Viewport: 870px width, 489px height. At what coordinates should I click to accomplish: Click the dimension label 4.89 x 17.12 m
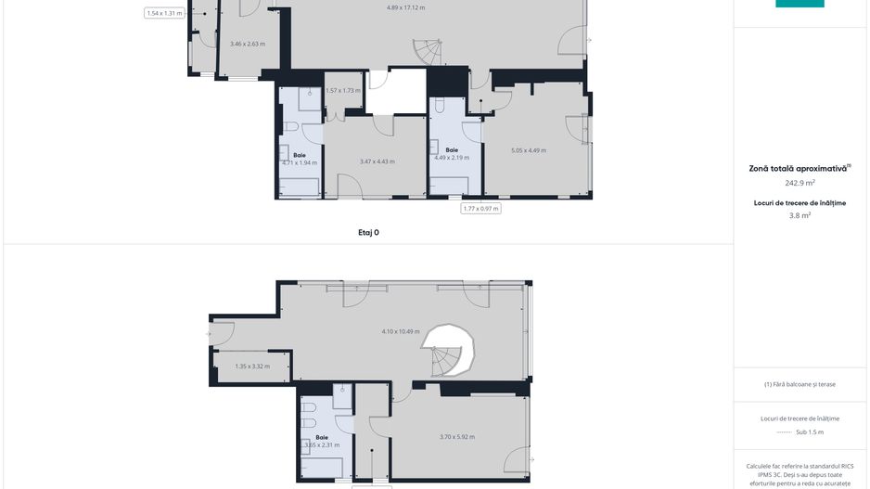[405, 7]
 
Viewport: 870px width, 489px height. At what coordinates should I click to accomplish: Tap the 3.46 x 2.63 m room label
[248, 44]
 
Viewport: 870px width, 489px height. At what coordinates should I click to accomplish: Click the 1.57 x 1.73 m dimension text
[342, 90]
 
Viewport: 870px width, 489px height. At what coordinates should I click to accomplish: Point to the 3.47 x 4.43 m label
[377, 161]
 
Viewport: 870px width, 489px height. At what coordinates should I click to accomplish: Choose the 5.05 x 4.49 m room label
[528, 150]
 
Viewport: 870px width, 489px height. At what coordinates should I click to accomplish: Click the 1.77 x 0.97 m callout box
[481, 209]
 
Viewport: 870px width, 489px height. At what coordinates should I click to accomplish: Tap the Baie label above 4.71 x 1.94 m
[300, 155]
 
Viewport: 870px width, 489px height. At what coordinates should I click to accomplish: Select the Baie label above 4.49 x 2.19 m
[452, 149]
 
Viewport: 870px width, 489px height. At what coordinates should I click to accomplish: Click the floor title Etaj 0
[368, 233]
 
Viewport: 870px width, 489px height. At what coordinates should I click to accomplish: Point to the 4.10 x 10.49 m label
[400, 331]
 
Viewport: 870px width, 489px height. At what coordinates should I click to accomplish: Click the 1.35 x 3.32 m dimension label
[251, 367]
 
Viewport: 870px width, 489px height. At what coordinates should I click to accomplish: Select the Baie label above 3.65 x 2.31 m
[321, 437]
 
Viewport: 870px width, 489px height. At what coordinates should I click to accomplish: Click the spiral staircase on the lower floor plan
[450, 351]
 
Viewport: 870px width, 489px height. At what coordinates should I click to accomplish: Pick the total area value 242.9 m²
[800, 183]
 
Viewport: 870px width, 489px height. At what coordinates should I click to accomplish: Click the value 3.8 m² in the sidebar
[800, 215]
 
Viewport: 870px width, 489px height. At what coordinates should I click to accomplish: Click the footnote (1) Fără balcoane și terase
[800, 384]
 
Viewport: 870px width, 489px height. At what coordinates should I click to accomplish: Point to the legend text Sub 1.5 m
[810, 431]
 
